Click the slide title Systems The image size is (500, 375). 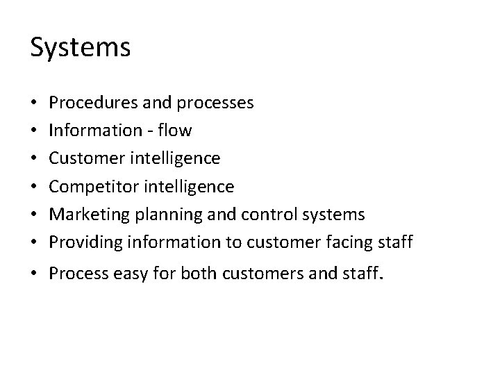click(81, 48)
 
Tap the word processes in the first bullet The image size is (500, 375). click(215, 103)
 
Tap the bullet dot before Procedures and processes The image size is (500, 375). click(34, 103)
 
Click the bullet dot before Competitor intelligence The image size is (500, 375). click(34, 187)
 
